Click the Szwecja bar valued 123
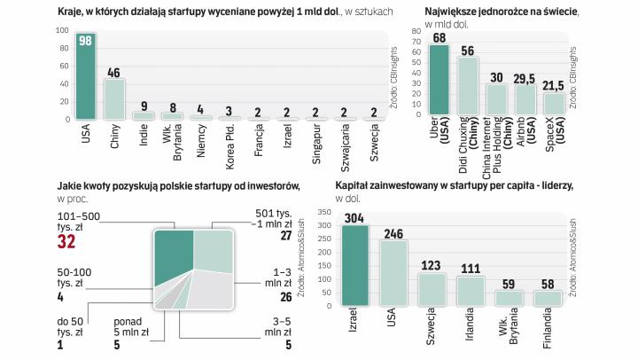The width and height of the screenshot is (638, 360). point(432,288)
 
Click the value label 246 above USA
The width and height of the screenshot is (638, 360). point(394,234)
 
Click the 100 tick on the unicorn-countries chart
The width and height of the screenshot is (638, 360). point(63,31)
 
